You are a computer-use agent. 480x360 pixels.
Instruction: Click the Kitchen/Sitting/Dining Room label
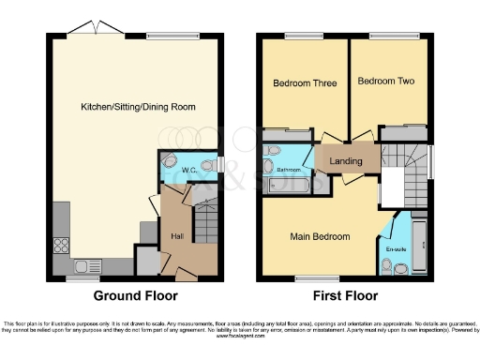138,108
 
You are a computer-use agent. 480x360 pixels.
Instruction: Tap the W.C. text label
187,170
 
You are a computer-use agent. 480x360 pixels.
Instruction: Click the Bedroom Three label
304,83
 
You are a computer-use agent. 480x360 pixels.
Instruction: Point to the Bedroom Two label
385,82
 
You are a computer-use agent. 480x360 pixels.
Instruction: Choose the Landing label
346,162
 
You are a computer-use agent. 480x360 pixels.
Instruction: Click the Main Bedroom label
320,236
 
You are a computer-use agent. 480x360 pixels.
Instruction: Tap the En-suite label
396,249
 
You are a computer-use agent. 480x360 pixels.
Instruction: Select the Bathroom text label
289,170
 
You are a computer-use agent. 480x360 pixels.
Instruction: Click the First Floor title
346,295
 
